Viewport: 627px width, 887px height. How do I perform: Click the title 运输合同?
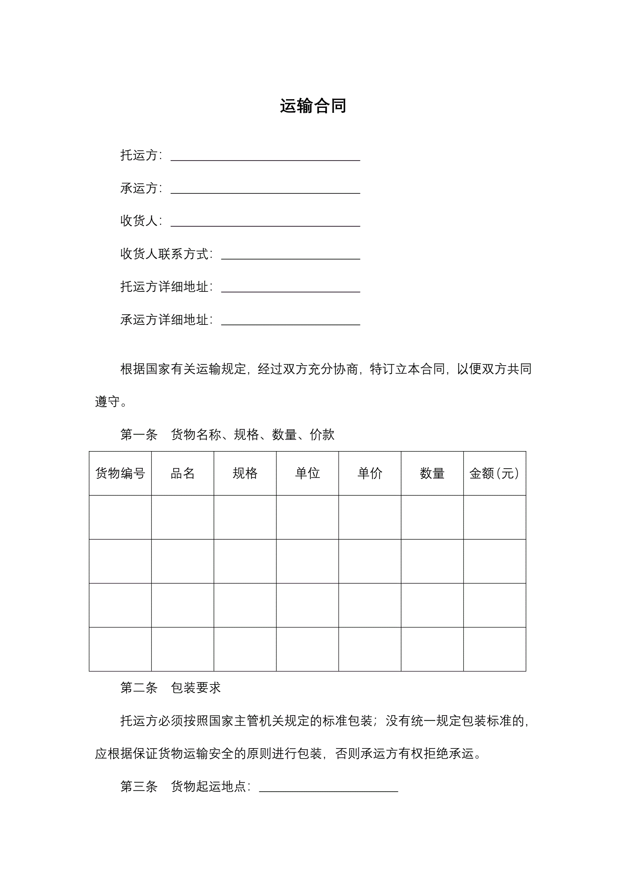click(x=313, y=106)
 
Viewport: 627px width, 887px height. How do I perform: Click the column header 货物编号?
click(x=120, y=473)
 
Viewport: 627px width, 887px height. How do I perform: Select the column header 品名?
click(x=183, y=473)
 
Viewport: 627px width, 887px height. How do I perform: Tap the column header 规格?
click(x=245, y=473)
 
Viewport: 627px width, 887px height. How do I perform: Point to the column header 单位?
click(x=307, y=473)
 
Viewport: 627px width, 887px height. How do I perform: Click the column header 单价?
click(x=370, y=473)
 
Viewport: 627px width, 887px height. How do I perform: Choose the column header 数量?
click(x=432, y=473)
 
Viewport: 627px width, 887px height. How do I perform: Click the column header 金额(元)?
click(x=494, y=473)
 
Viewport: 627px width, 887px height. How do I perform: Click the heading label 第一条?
click(x=139, y=435)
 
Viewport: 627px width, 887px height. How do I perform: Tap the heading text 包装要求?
click(x=196, y=687)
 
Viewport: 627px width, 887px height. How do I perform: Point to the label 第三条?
click(x=139, y=786)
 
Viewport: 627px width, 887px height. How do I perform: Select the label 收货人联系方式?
click(x=165, y=254)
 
